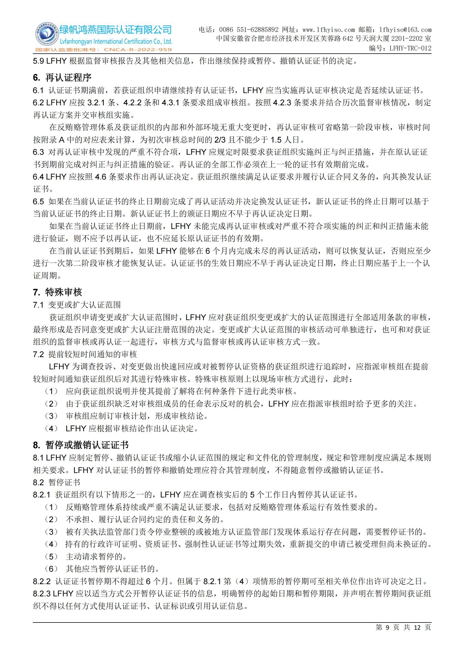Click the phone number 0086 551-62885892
[249, 30]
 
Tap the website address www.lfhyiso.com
[328, 30]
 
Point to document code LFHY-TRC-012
[410, 48]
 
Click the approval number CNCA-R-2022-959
[138, 49]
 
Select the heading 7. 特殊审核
[58, 292]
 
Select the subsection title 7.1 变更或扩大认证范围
[77, 305]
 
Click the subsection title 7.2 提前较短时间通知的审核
[85, 354]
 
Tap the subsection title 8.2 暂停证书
[57, 482]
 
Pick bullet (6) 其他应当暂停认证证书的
[102, 569]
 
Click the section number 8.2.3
[42, 593]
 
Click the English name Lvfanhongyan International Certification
[116, 42]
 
